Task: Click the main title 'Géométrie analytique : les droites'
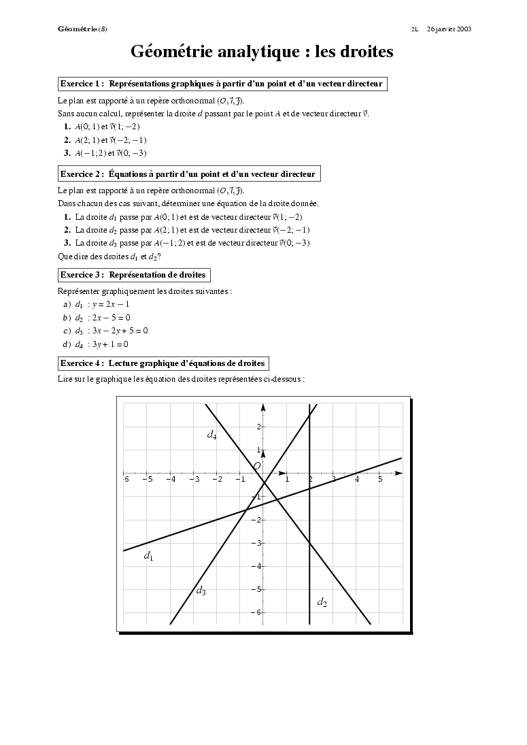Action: pyautogui.click(x=262, y=52)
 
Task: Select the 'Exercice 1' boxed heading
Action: pyautogui.click(x=222, y=84)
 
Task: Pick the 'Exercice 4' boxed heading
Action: pyautogui.click(x=163, y=363)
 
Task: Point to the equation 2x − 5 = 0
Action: pyautogui.click(x=112, y=318)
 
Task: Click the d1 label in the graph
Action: pyautogui.click(x=148, y=557)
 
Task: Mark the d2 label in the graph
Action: pyautogui.click(x=322, y=602)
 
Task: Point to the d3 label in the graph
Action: pyautogui.click(x=201, y=591)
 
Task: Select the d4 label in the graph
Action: pyautogui.click(x=211, y=434)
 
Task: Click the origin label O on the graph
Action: pyautogui.click(x=256, y=466)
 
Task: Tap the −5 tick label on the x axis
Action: pyautogui.click(x=147, y=480)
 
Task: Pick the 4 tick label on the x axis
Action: pyautogui.click(x=357, y=480)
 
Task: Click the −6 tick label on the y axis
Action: pyautogui.click(x=256, y=613)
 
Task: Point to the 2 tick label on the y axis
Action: pyautogui.click(x=258, y=427)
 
